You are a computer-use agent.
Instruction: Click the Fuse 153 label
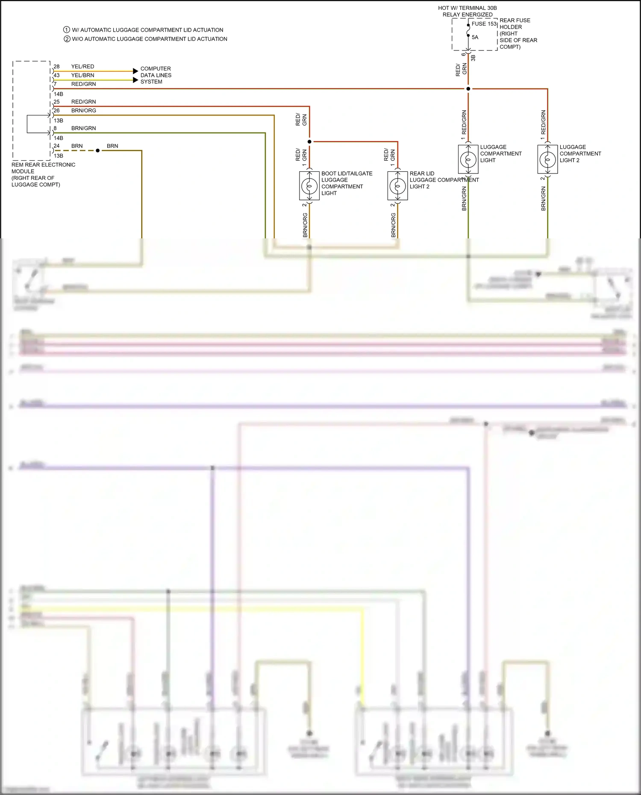pyautogui.click(x=484, y=24)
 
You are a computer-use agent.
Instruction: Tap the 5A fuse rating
pyautogui.click(x=475, y=37)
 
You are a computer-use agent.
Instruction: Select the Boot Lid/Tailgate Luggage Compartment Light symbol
pyautogui.click(x=309, y=186)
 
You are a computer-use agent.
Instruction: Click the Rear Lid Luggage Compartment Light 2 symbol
pyautogui.click(x=397, y=186)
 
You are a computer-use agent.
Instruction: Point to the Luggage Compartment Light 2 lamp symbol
pyautogui.click(x=547, y=159)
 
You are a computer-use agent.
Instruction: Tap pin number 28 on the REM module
pyautogui.click(x=56, y=67)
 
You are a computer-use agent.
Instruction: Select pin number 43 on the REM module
pyautogui.click(x=56, y=75)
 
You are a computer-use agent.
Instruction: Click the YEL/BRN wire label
pyautogui.click(x=82, y=75)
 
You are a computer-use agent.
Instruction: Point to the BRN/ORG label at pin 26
pyautogui.click(x=83, y=111)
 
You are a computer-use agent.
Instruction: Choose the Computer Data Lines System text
pyautogui.click(x=156, y=75)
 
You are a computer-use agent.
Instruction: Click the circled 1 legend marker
pyautogui.click(x=67, y=30)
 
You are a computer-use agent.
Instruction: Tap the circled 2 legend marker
pyautogui.click(x=67, y=39)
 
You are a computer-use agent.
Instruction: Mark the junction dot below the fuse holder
pyautogui.click(x=468, y=89)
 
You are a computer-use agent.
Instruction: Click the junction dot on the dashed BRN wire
pyautogui.click(x=98, y=150)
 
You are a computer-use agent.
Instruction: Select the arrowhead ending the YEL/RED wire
pyautogui.click(x=135, y=71)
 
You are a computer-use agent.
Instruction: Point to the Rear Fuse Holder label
pyautogui.click(x=518, y=33)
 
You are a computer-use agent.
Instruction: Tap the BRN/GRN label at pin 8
pyautogui.click(x=83, y=128)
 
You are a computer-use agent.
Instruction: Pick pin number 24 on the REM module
pyautogui.click(x=56, y=146)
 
